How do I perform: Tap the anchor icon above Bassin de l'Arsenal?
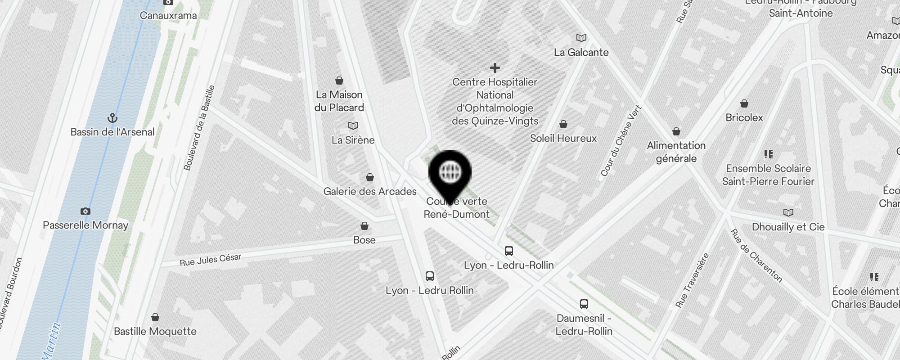tap(112, 118)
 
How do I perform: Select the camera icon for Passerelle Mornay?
tap(85, 211)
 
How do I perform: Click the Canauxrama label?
tap(168, 16)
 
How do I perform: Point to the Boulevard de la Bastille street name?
tap(199, 128)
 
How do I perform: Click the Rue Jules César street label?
tap(211, 260)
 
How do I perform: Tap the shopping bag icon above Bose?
tap(364, 225)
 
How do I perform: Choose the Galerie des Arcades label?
tap(370, 191)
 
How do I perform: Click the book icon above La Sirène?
tap(353, 126)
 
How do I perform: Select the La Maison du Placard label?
tap(340, 101)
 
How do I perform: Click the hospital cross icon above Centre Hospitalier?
tap(495, 68)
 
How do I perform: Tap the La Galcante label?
tap(581, 52)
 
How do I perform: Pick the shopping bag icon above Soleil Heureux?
tap(563, 124)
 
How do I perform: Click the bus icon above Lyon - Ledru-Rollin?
tap(509, 251)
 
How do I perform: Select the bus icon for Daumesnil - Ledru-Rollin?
tap(584, 304)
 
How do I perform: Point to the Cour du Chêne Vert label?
tap(621, 140)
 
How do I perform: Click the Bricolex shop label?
tap(744, 117)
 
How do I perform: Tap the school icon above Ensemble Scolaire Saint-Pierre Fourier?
tap(769, 154)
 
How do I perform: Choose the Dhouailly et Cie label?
tap(788, 227)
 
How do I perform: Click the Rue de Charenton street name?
tap(756, 256)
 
